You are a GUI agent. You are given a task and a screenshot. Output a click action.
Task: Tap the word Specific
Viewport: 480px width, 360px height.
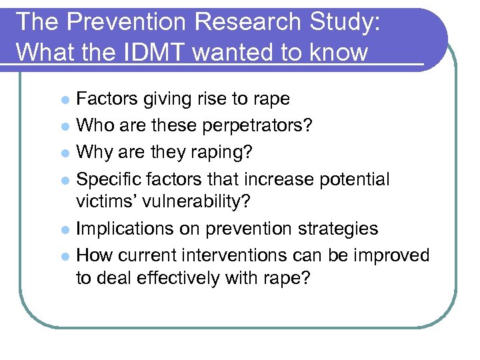pos(109,179)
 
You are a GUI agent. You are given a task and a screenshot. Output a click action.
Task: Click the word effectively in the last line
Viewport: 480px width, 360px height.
pos(163,279)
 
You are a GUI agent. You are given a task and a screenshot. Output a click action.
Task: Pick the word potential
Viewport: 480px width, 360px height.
pos(354,179)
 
